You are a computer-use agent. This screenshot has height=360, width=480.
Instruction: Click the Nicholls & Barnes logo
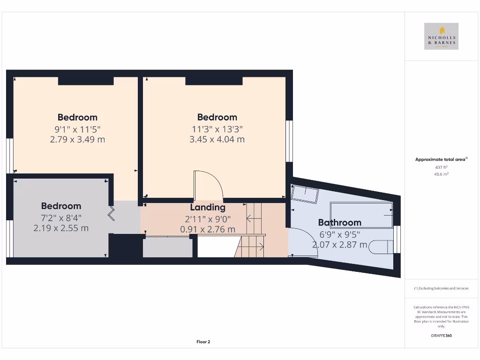point(441,36)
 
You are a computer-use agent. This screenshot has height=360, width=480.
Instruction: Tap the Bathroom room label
point(339,223)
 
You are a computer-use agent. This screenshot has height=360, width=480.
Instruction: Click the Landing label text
point(208,207)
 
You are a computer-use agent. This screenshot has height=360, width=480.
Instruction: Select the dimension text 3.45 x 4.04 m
point(217,139)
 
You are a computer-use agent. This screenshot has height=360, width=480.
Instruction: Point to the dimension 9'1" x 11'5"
point(77,129)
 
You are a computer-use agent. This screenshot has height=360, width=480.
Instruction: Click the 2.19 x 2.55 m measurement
point(61,228)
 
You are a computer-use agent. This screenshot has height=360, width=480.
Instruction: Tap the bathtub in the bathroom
point(361,215)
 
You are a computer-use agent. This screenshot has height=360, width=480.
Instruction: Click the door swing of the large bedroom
point(209,185)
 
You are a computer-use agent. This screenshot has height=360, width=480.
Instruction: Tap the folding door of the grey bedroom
point(112,214)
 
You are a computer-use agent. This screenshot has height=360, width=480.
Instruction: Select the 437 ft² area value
point(441,167)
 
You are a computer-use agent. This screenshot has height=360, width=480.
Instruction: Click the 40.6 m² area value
point(441,174)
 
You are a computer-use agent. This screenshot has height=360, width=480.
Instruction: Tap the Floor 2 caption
point(203,342)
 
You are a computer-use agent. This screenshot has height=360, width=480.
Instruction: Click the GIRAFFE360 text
point(441,336)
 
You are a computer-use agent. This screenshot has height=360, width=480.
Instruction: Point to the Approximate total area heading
point(441,159)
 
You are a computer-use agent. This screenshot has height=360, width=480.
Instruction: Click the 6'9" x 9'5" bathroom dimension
point(339,234)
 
